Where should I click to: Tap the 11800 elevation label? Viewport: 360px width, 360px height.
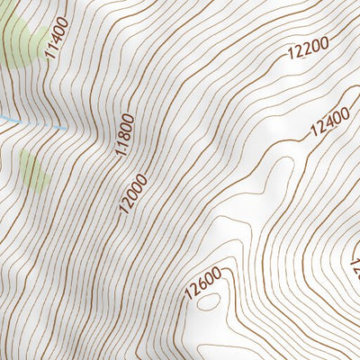124,134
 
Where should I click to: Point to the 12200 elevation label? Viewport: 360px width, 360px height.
308,49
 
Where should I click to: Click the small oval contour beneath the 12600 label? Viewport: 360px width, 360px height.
208,303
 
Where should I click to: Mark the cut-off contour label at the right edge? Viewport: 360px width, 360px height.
355,262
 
